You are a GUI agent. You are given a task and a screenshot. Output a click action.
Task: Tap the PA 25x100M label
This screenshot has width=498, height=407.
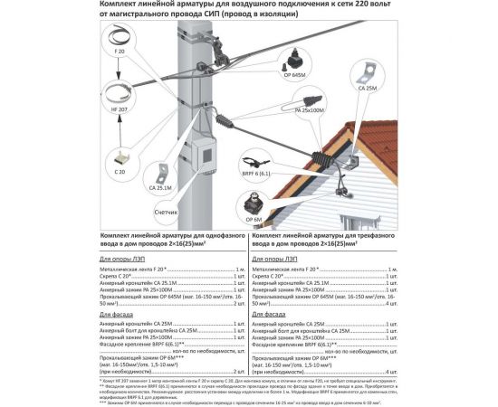(x=309, y=111)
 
